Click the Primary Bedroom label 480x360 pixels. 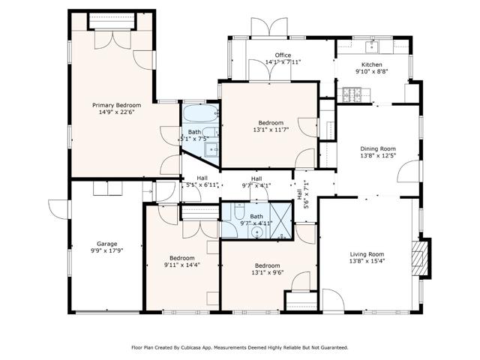pyautogui.click(x=116, y=105)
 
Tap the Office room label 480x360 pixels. pyautogui.click(x=283, y=55)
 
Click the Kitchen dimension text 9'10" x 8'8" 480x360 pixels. pyautogui.click(x=372, y=73)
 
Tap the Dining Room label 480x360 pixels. pyautogui.click(x=377, y=148)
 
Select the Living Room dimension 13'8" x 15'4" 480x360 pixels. pyautogui.click(x=367, y=262)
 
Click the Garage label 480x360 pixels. pyautogui.click(x=106, y=244)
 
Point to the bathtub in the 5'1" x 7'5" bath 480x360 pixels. pyautogui.click(x=199, y=116)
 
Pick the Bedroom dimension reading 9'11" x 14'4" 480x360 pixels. pyautogui.click(x=181, y=265)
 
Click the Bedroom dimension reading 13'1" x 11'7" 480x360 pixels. pyautogui.click(x=271, y=130)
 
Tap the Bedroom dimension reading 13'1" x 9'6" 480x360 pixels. pyautogui.click(x=267, y=274)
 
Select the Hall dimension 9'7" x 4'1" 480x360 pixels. pyautogui.click(x=256, y=186)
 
